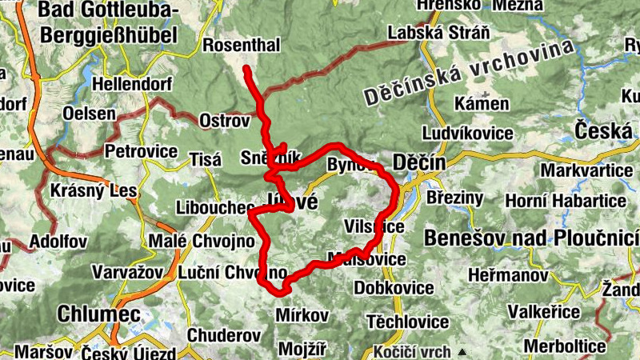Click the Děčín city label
coord(419,163)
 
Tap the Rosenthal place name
coord(242,46)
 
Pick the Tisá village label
coord(205,160)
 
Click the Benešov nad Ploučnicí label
coord(532,238)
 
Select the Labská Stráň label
coord(426,34)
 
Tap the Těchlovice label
coord(407,322)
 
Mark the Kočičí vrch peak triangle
coord(462,351)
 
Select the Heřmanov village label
coord(506,274)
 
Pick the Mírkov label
coord(302,314)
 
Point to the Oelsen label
coord(89,114)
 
